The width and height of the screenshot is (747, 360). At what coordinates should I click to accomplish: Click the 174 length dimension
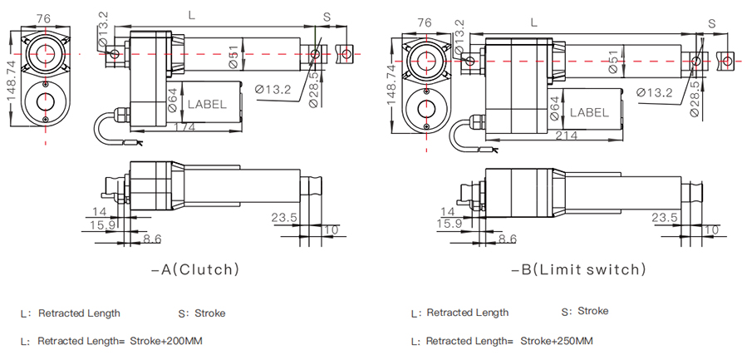(184, 126)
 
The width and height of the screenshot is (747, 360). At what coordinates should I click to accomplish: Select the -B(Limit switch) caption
(577, 269)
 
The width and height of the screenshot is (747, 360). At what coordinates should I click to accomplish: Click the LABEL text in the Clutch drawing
(205, 105)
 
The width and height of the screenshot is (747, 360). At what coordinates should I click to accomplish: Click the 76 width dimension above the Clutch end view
(42, 19)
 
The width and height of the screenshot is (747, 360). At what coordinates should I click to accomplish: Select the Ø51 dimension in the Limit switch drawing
(613, 63)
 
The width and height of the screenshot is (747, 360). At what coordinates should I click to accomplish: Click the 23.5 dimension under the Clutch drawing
(284, 218)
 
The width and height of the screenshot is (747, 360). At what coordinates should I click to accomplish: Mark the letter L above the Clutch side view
(192, 15)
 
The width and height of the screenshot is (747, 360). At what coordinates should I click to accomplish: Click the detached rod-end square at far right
(726, 60)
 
